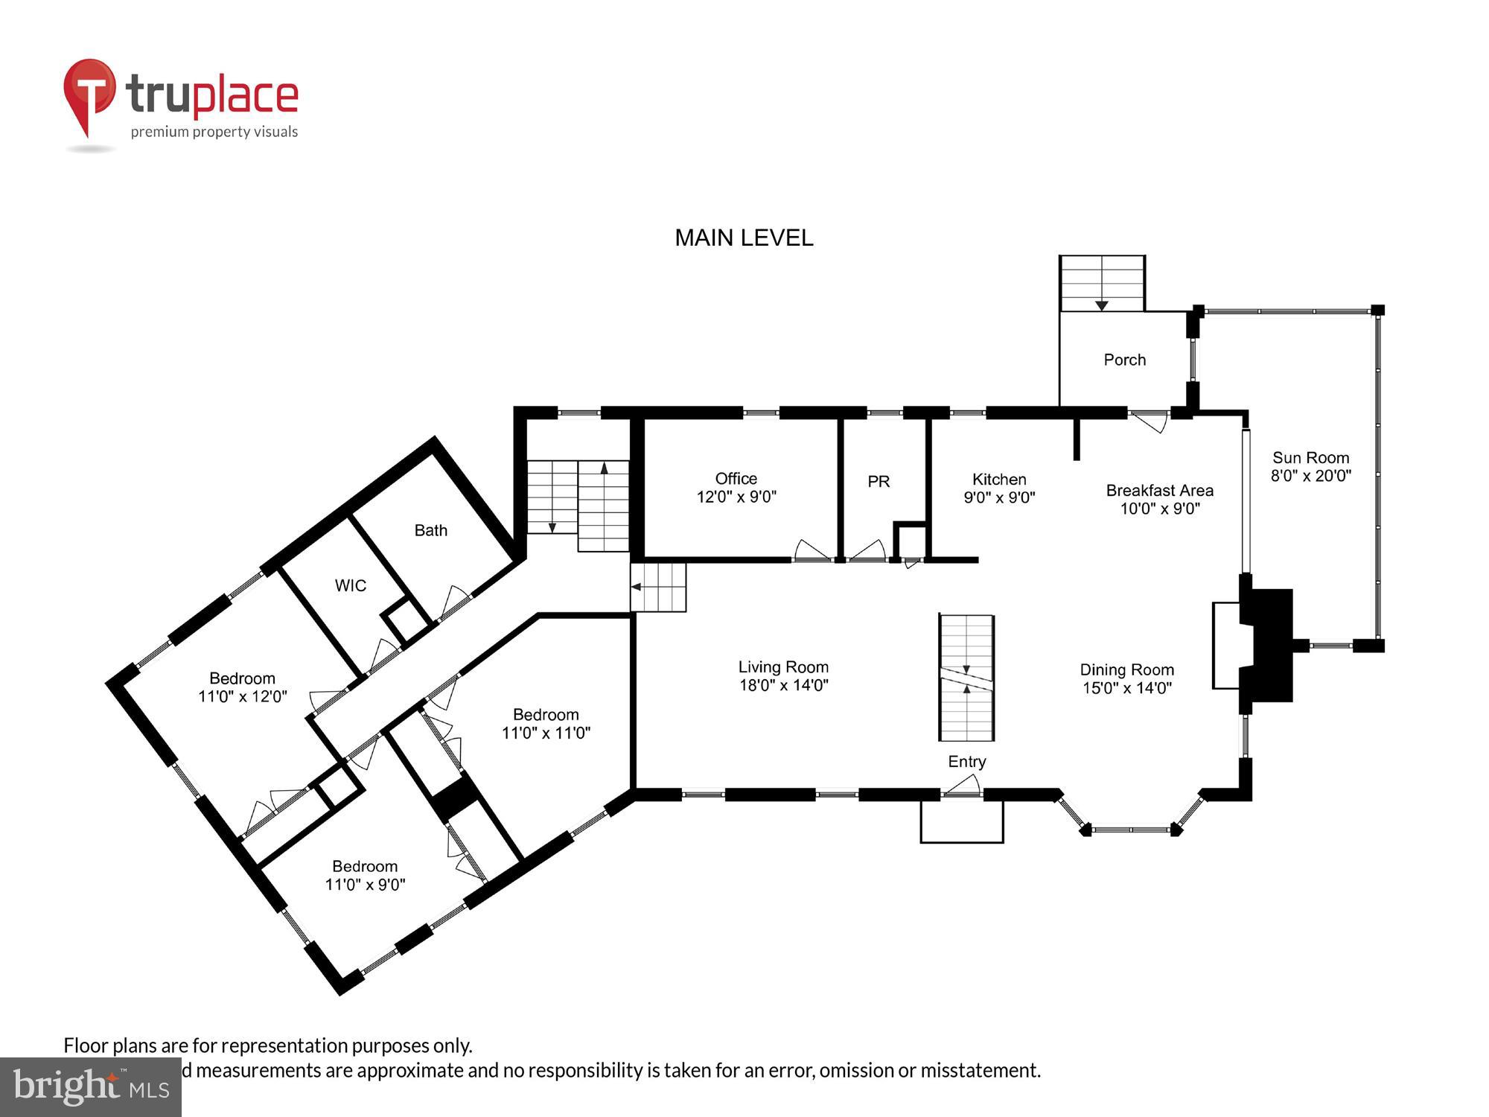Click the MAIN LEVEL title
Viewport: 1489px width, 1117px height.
point(743,238)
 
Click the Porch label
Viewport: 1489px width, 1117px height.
point(1124,360)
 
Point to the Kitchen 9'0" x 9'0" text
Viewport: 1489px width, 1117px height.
point(999,489)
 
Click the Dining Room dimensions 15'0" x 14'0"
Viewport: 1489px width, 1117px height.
point(1126,688)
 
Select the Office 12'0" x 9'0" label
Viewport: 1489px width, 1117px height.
point(736,488)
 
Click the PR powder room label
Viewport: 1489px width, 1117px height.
point(879,482)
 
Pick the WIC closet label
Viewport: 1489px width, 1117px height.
point(350,586)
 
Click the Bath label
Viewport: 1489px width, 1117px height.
point(430,531)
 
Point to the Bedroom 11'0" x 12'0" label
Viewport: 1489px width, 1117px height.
point(242,687)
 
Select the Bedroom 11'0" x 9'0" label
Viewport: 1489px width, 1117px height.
point(365,875)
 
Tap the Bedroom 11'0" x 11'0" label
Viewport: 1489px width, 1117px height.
point(546,723)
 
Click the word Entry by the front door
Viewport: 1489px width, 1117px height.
point(966,761)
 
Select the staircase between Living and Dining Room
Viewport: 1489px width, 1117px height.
point(966,678)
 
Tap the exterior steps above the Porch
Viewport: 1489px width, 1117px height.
point(1102,283)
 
